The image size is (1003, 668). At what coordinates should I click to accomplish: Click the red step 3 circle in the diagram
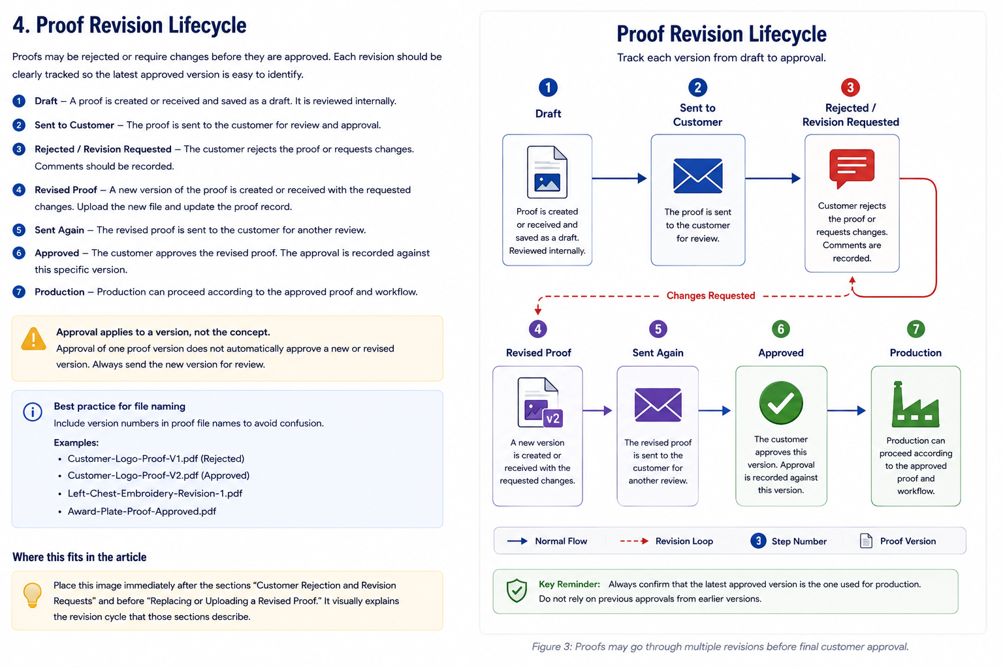point(850,87)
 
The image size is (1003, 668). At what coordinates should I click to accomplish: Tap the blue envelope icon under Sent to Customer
point(697,176)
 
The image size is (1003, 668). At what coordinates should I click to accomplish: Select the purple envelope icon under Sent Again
point(658,405)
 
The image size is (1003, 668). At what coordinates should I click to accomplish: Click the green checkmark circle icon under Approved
point(781,402)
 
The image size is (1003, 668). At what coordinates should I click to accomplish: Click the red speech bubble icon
point(852,168)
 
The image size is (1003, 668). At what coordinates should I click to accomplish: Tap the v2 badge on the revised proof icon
point(553,418)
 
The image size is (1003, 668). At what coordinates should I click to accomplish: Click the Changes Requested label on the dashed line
point(710,296)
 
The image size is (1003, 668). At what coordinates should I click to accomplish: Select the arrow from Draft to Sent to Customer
point(619,178)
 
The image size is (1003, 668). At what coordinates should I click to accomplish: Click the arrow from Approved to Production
point(846,410)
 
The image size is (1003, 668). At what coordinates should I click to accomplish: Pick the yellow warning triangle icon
point(33,339)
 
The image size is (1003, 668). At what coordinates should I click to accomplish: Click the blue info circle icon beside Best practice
point(33,412)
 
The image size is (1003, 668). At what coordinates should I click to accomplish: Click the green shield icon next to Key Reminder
point(517,590)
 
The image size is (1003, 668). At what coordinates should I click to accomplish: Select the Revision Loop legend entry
point(666,541)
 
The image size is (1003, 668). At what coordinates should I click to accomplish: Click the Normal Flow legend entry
point(547,541)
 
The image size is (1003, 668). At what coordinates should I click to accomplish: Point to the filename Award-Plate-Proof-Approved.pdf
point(142,511)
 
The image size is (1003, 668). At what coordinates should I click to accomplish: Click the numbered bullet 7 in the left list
point(19,292)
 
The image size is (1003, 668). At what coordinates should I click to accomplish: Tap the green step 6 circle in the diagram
point(781,329)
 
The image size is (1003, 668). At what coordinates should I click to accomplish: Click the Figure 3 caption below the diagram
point(720,646)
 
